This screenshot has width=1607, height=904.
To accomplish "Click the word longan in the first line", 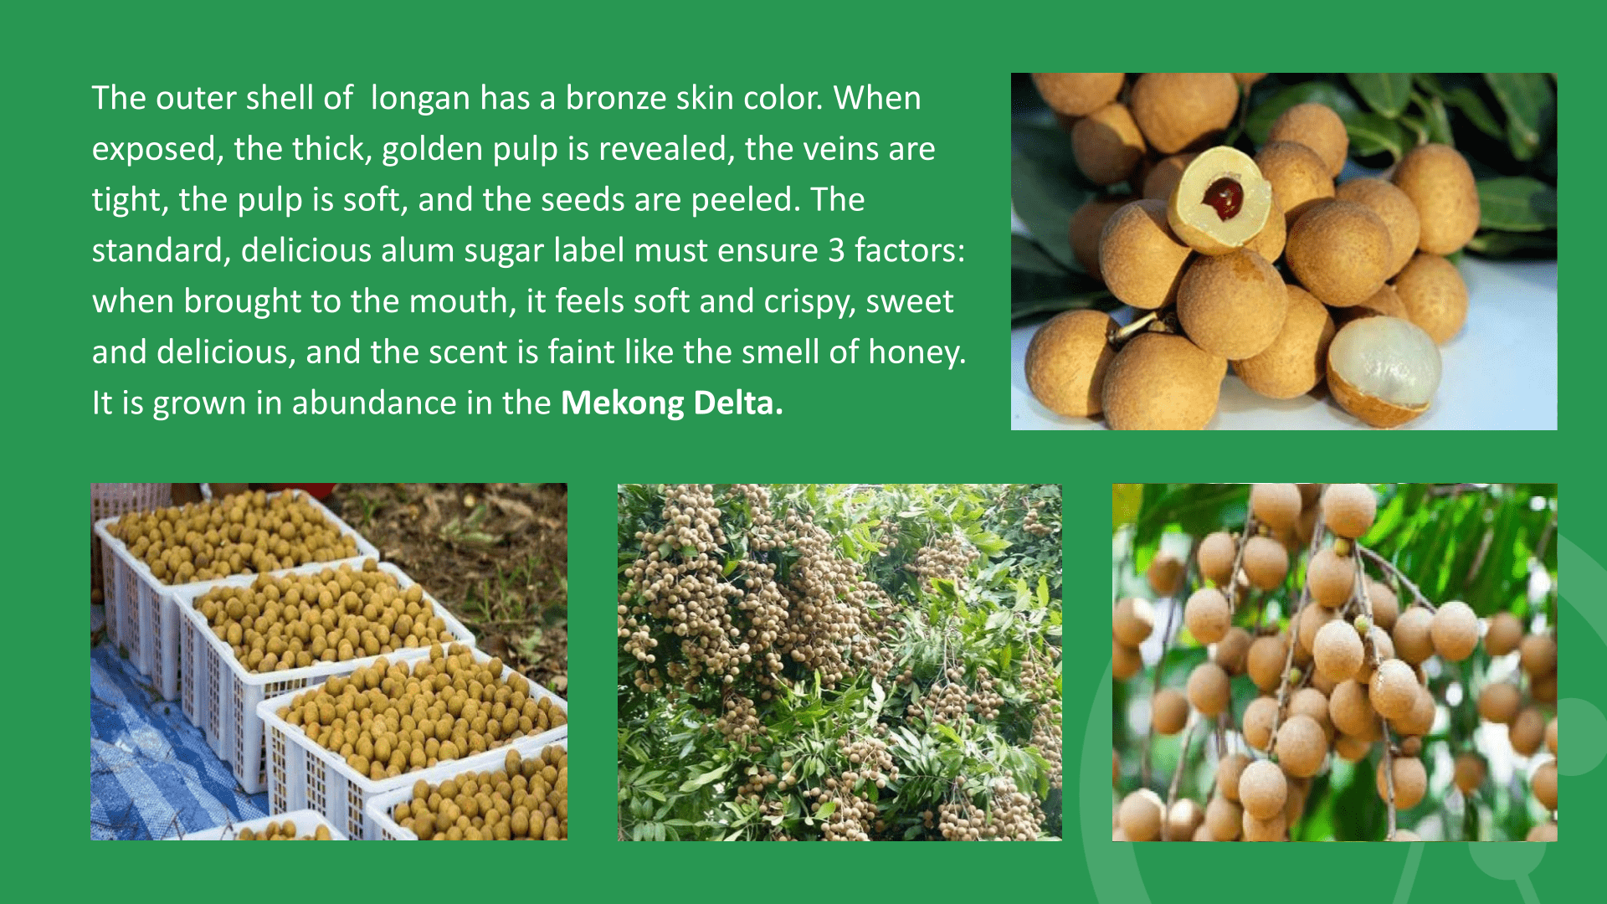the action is (420, 100).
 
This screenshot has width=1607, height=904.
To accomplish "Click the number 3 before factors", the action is (836, 251).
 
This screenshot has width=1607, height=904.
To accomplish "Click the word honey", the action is (916, 353).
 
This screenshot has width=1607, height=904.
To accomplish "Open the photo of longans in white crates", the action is (329, 661).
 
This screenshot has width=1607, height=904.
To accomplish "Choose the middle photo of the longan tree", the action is (839, 662).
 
